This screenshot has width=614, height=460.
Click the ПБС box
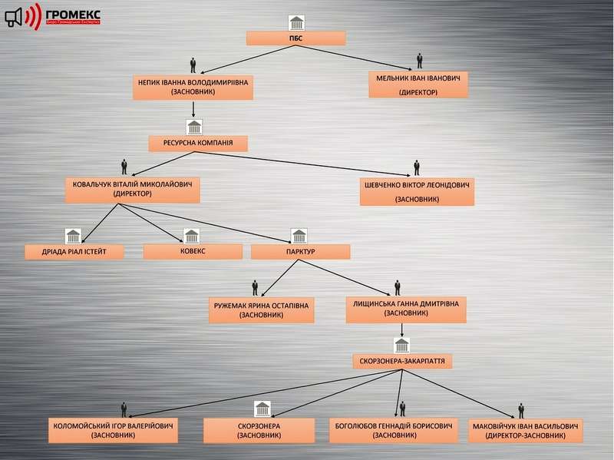pos(295,38)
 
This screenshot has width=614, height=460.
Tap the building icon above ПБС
pos(295,22)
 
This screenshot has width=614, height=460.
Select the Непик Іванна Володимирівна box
pos(193,87)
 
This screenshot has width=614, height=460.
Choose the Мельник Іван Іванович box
pos(418,84)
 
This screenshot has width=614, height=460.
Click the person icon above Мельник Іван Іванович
pos(419,61)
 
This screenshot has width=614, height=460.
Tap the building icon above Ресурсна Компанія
pos(193,126)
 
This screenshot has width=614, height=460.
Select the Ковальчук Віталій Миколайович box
pos(132,190)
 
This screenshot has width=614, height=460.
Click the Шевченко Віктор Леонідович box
pos(417,192)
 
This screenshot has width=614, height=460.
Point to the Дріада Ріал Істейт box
pos(74,252)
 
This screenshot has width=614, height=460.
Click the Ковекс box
pos(193,251)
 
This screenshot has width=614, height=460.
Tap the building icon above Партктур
pos(299,235)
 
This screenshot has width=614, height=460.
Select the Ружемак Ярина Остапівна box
pos(261,310)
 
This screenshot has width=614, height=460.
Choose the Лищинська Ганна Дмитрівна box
pos(405,308)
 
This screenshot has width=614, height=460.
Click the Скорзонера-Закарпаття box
pos(402,360)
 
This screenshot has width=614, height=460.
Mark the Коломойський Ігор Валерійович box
pos(113,430)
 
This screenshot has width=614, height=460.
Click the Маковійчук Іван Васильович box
pos(526,430)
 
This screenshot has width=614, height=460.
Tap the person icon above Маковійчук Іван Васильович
pos(521,411)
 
